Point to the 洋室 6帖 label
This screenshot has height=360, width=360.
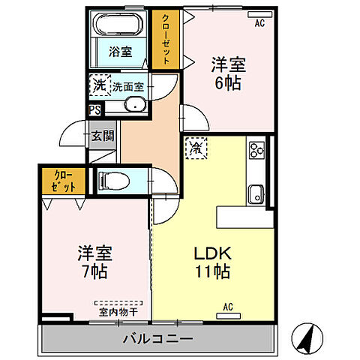pos(227,73)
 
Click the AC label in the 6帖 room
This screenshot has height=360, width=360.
pos(259,23)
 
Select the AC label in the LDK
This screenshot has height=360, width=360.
pos(228,307)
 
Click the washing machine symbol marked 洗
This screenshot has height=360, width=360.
pos(99,85)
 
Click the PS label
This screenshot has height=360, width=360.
pos(94,110)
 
